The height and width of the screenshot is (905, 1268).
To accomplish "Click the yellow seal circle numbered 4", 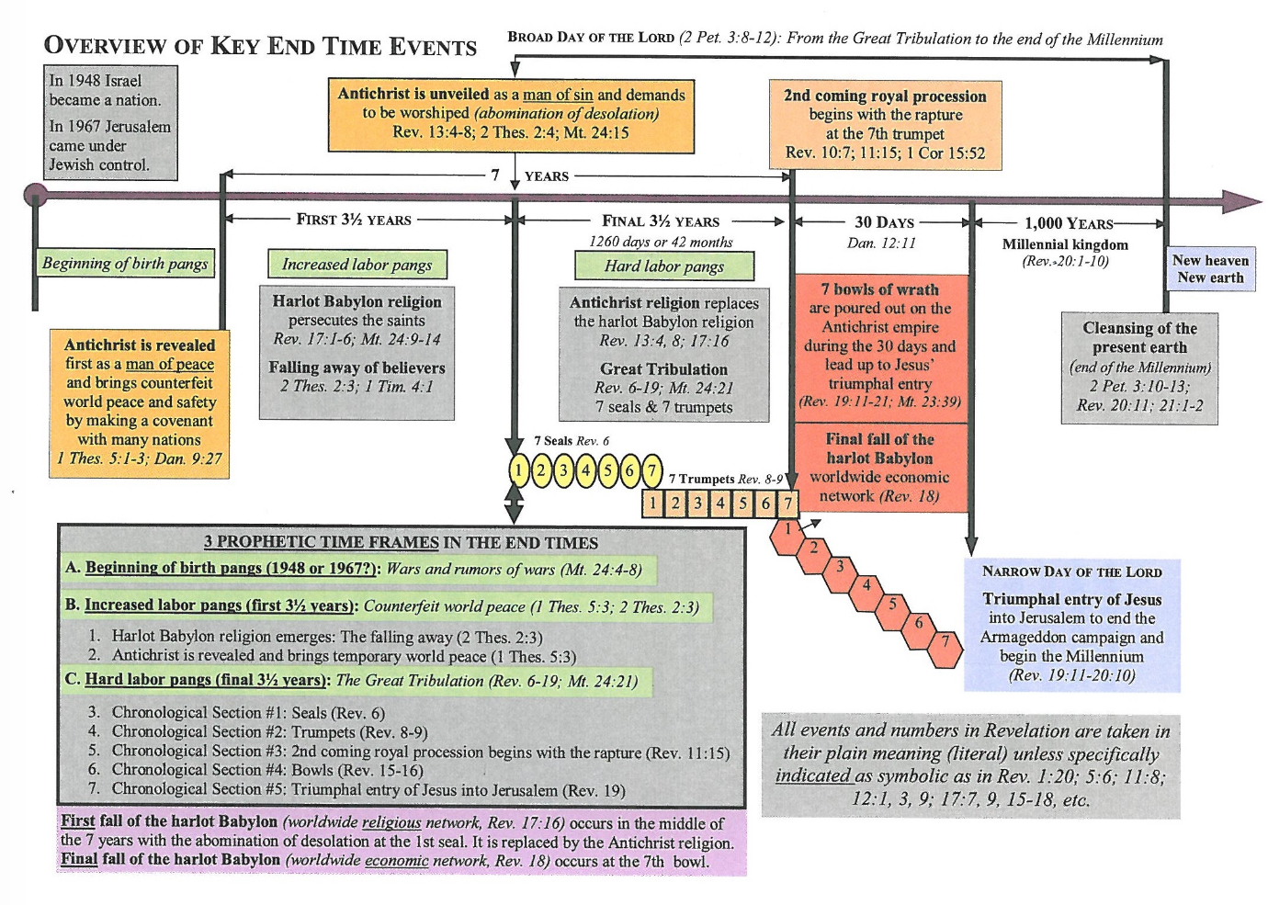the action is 585,471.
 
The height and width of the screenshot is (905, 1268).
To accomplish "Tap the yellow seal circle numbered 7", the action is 652,471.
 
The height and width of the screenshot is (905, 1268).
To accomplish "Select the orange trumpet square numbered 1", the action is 653,503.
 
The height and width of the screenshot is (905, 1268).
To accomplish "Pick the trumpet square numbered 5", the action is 742,503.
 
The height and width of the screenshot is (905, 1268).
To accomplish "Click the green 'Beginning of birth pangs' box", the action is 125,263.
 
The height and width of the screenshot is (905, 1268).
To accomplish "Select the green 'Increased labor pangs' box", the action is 357,265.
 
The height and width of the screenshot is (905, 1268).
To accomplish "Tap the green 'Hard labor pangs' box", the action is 664,266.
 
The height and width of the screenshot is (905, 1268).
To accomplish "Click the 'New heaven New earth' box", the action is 1210,269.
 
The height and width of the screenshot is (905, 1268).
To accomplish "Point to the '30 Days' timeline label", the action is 884,222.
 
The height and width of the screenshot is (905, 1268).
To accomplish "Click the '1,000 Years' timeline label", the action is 1069,223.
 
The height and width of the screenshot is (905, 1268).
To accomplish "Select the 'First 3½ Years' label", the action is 354,220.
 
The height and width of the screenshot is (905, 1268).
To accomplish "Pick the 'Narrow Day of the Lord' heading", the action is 1072,571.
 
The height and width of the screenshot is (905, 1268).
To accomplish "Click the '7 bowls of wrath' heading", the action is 879,289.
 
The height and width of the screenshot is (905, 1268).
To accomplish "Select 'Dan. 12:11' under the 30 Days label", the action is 881,243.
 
